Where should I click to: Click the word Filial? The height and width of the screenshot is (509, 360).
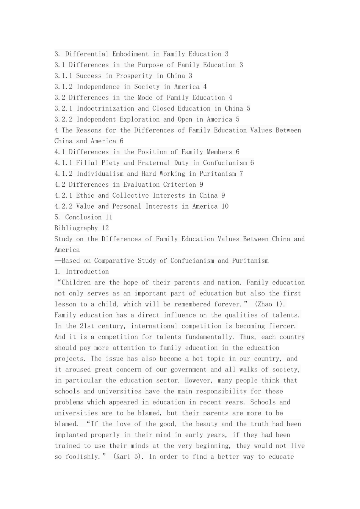pyautogui.click(x=87, y=163)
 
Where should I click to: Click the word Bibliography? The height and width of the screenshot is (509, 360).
pyautogui.click(x=76, y=228)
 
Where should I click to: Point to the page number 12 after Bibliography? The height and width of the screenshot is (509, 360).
pyautogui.click(x=105, y=228)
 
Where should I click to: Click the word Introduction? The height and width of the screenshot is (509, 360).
pyautogui.click(x=87, y=272)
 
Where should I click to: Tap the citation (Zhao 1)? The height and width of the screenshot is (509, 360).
pyautogui.click(x=270, y=304)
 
